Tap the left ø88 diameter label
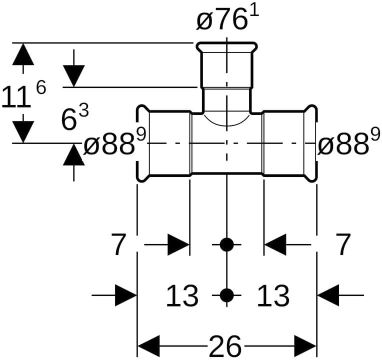click(x=109, y=144)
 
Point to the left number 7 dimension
click(x=118, y=245)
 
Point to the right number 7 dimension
click(x=343, y=245)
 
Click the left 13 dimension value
click(x=182, y=295)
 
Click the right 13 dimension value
click(x=273, y=295)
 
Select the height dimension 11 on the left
click(x=15, y=97)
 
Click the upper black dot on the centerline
click(x=227, y=245)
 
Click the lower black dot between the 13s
click(x=227, y=295)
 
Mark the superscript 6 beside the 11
click(x=40, y=88)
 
